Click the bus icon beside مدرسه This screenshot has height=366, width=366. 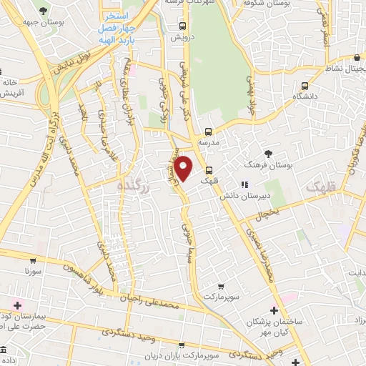(208, 132)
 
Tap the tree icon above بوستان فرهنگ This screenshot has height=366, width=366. (269, 154)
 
